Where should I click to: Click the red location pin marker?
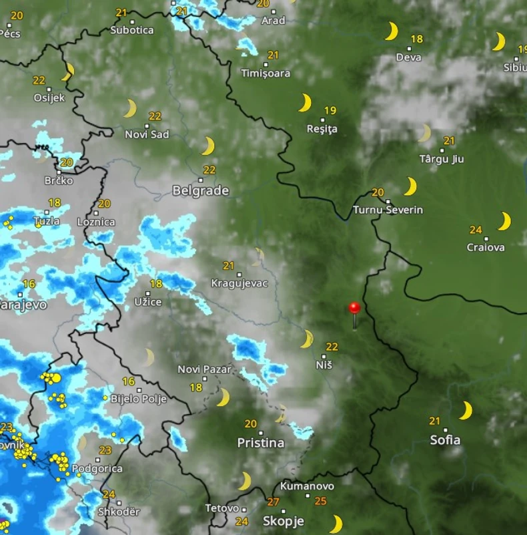point(354,308)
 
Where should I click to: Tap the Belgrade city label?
point(200,191)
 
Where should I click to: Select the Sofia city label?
point(445,439)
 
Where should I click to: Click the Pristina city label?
point(261,443)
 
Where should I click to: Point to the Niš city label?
point(324,365)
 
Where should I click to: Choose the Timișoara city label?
point(266,73)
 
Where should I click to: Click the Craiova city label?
point(486,247)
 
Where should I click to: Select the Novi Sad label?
point(147,134)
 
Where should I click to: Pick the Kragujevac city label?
point(239,283)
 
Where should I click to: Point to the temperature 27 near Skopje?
point(274,502)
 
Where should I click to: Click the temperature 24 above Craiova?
point(476,230)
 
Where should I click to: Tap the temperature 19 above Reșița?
point(330,111)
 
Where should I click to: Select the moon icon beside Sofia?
point(466,410)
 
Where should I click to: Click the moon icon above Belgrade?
point(208,146)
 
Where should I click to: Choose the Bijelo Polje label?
point(138,399)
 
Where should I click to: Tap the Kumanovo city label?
point(307,486)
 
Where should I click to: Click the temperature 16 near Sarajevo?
point(29,284)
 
